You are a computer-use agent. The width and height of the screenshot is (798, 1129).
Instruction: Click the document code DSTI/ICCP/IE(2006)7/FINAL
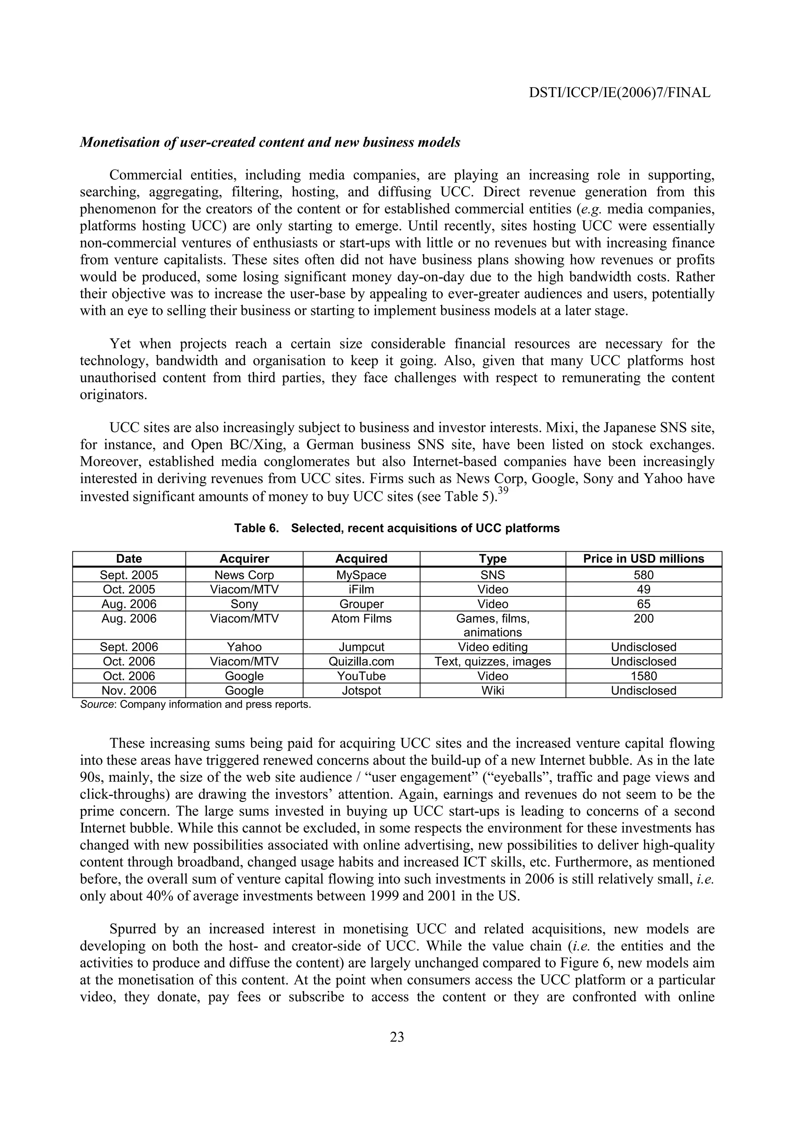pos(620,92)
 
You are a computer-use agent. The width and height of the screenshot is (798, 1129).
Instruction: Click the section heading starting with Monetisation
pos(270,143)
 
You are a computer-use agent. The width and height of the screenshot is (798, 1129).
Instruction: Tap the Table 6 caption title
pos(397,528)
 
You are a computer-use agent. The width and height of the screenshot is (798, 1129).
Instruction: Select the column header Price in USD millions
pos(643,559)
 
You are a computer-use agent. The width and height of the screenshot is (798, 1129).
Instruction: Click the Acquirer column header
pos(244,559)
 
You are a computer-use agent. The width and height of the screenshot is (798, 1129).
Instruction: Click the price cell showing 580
pos(643,575)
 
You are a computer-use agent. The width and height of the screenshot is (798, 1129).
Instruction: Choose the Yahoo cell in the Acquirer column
pos(244,647)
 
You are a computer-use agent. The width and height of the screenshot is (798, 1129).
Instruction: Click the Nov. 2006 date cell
pos(129,690)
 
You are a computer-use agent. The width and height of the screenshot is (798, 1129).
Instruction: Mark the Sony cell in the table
pos(244,604)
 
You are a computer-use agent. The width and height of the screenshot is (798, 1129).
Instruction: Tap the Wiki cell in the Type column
pos(493,690)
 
